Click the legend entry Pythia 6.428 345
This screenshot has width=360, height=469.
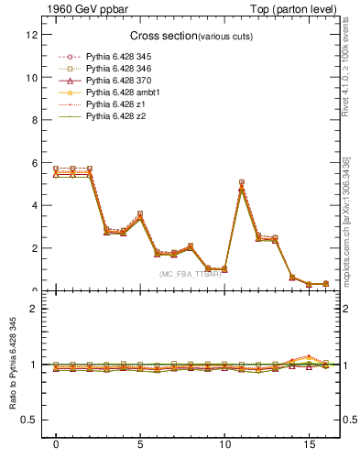coord(115,57)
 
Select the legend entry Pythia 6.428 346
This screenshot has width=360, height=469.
coord(115,69)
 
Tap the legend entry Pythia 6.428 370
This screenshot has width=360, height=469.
coord(115,81)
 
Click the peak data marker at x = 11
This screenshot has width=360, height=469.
coord(241,183)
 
